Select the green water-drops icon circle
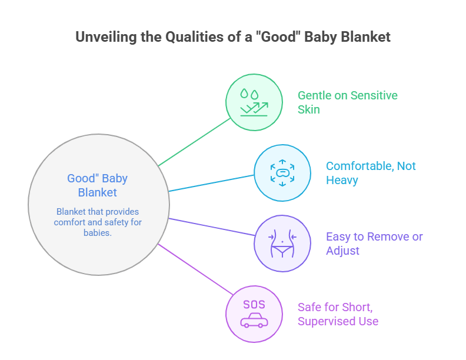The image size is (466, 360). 254,102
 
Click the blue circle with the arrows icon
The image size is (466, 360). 282,172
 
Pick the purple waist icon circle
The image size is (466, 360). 282,243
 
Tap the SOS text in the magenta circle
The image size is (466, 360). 254,305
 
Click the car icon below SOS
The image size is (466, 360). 254,321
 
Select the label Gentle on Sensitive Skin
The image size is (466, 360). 347,102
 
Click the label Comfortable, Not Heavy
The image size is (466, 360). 371,172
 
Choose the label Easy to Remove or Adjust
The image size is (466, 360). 374,243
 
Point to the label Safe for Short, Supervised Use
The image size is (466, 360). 338,314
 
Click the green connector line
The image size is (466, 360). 194,141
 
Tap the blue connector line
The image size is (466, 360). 212,182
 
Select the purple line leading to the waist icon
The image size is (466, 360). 212,228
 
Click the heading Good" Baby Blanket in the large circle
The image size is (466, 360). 98,185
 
